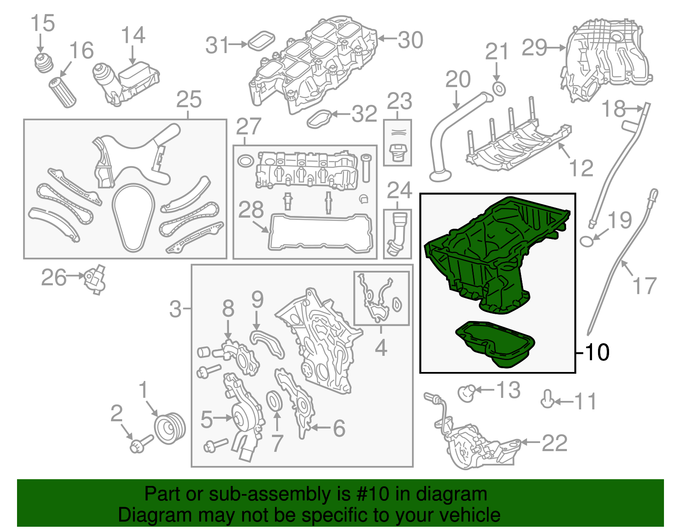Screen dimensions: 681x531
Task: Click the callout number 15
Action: click(x=43, y=23)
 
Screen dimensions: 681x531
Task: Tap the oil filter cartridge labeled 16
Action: click(x=63, y=93)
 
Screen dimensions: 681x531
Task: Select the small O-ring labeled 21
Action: click(x=499, y=89)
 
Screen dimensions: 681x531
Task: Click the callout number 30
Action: click(x=410, y=40)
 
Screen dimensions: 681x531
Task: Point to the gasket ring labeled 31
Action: click(x=261, y=41)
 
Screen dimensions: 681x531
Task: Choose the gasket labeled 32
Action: click(x=319, y=119)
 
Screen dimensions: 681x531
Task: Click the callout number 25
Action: click(x=189, y=99)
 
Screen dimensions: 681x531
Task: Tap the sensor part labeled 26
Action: click(x=94, y=279)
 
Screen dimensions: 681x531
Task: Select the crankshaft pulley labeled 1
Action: click(x=170, y=429)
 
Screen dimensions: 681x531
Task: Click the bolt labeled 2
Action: click(x=141, y=444)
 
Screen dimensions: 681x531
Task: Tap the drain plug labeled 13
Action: click(x=467, y=393)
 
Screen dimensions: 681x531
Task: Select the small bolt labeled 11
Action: click(x=547, y=399)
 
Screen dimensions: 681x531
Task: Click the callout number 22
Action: click(x=555, y=443)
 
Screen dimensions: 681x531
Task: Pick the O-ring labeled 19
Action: click(x=587, y=241)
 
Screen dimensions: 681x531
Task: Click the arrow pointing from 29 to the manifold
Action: click(x=557, y=48)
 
